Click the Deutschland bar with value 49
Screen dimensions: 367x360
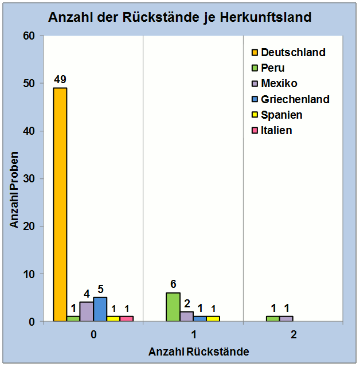click(60, 204)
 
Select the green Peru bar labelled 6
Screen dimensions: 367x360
click(173, 307)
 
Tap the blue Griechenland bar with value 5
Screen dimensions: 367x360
click(100, 309)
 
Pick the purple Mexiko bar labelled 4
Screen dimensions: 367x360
click(87, 311)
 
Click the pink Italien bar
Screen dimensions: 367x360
click(126, 319)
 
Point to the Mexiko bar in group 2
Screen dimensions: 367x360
click(286, 319)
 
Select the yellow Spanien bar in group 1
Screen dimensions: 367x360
click(213, 319)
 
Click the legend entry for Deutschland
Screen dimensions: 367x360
click(292, 52)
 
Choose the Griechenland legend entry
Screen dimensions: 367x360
click(295, 99)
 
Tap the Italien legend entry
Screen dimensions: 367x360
click(276, 130)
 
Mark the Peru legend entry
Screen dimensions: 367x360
click(272, 68)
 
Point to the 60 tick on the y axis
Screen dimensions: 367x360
click(29, 36)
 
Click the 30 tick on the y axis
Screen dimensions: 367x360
click(29, 179)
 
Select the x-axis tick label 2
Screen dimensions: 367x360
click(293, 335)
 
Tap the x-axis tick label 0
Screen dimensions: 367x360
click(93, 335)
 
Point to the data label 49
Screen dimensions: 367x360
click(60, 79)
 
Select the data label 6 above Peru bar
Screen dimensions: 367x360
click(173, 284)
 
